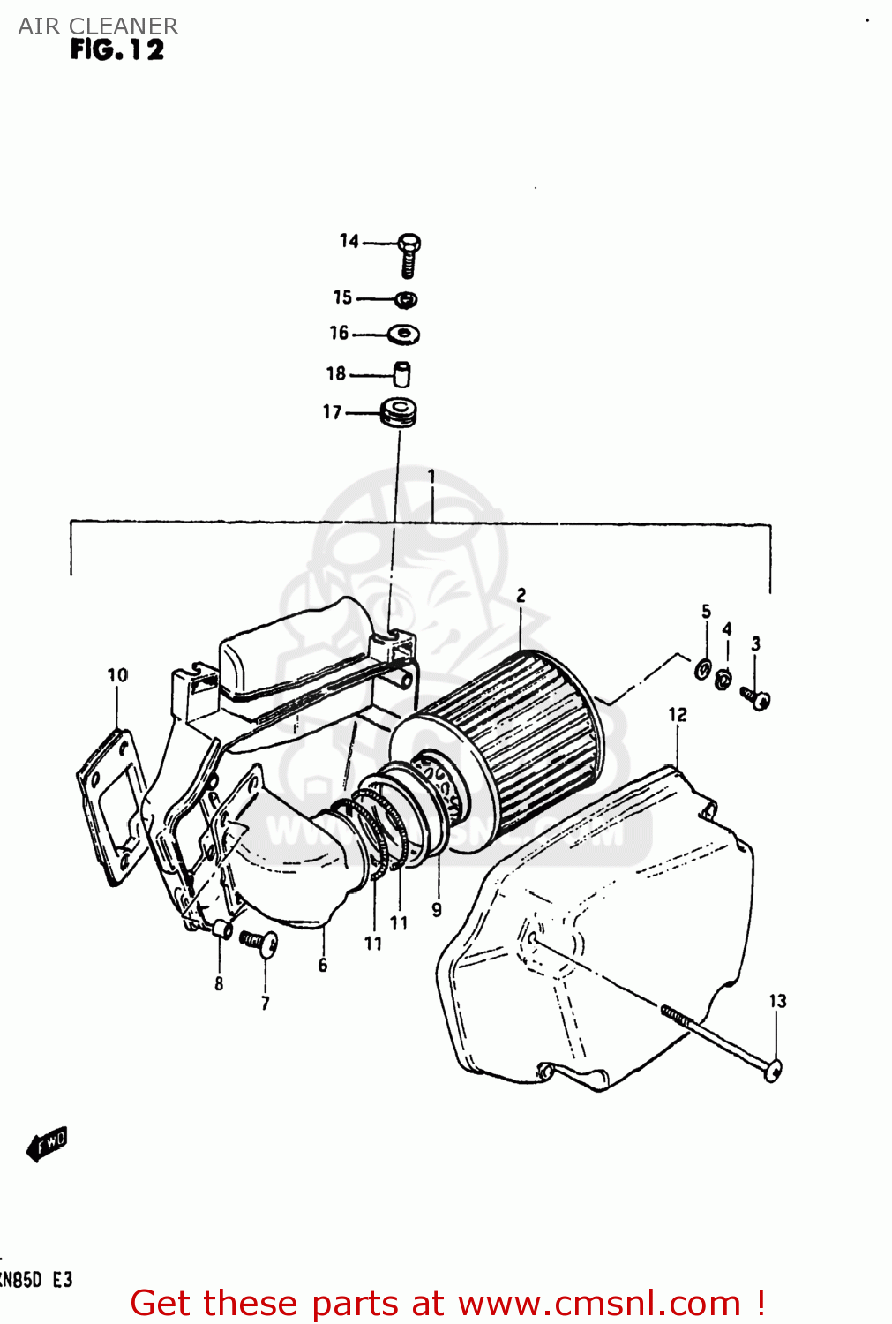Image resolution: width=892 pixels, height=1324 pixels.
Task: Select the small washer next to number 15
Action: click(x=405, y=300)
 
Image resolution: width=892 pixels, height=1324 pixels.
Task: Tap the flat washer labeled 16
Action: click(x=404, y=335)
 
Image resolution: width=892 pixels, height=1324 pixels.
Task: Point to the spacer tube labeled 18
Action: click(x=401, y=374)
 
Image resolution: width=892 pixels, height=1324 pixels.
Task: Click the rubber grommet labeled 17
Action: click(x=399, y=412)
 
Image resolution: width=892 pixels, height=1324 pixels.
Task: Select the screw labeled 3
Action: click(x=756, y=699)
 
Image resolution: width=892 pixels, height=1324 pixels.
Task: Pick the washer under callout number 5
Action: click(x=703, y=668)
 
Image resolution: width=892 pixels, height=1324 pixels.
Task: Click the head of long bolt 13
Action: click(x=772, y=1071)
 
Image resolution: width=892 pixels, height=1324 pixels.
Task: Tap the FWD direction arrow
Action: click(x=47, y=1144)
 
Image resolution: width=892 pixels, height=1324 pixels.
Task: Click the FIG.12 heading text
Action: click(x=117, y=50)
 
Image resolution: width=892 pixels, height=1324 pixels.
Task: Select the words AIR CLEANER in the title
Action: click(x=98, y=26)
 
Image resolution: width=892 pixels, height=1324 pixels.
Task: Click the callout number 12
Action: click(x=677, y=714)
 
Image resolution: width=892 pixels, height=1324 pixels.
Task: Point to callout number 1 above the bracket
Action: click(x=431, y=477)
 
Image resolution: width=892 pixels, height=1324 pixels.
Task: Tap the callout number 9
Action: click(x=437, y=909)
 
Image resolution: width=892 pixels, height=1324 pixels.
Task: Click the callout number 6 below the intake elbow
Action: click(x=323, y=966)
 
